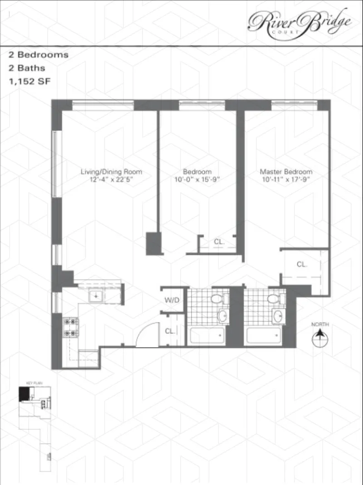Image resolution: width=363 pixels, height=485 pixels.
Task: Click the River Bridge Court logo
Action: [x=299, y=21]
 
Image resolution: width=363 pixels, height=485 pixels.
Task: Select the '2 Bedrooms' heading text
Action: [x=39, y=55]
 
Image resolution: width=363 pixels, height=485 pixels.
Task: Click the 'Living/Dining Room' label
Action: [x=111, y=172]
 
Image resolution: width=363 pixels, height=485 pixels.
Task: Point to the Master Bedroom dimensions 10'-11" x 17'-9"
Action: [x=286, y=179]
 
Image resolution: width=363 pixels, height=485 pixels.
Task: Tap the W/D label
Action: [x=171, y=300]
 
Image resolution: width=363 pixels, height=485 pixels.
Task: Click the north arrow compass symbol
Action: [x=320, y=338]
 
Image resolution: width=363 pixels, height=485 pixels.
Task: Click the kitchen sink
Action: [x=96, y=296]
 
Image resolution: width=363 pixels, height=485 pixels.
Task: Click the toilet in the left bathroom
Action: [x=217, y=299]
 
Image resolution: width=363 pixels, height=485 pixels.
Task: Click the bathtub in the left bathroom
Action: [x=206, y=336]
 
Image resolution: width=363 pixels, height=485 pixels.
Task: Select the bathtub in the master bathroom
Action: [x=263, y=336]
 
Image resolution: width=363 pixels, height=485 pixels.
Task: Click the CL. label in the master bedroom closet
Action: [x=302, y=264]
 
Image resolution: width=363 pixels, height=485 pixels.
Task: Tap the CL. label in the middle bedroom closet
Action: [x=219, y=242]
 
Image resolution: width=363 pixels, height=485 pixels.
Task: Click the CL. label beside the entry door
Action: [x=170, y=331]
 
